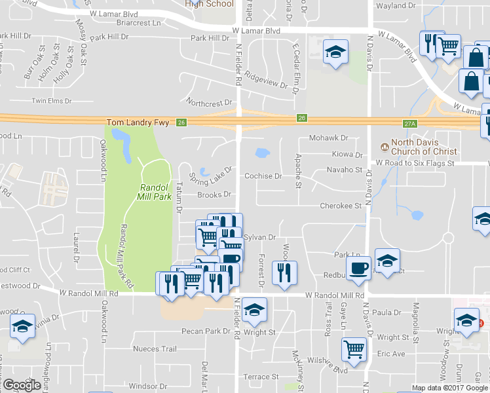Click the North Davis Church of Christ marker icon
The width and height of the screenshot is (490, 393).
tap(385, 143)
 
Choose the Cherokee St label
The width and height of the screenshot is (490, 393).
tap(341, 206)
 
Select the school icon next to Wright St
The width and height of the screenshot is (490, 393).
tap(254, 310)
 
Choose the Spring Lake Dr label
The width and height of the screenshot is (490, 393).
tap(210, 174)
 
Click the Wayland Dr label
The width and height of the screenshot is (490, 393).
tap(393, 6)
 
